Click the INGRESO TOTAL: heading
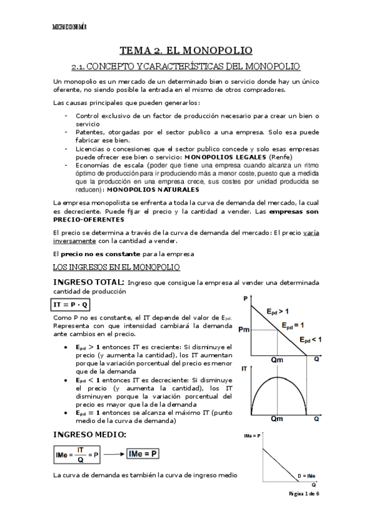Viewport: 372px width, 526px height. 89,282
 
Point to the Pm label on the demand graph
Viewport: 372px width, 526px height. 243,329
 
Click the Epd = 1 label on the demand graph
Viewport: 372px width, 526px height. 293,325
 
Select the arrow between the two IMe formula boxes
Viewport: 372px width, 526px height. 111,455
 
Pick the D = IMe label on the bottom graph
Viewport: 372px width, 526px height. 306,475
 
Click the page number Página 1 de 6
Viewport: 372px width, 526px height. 304,494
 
